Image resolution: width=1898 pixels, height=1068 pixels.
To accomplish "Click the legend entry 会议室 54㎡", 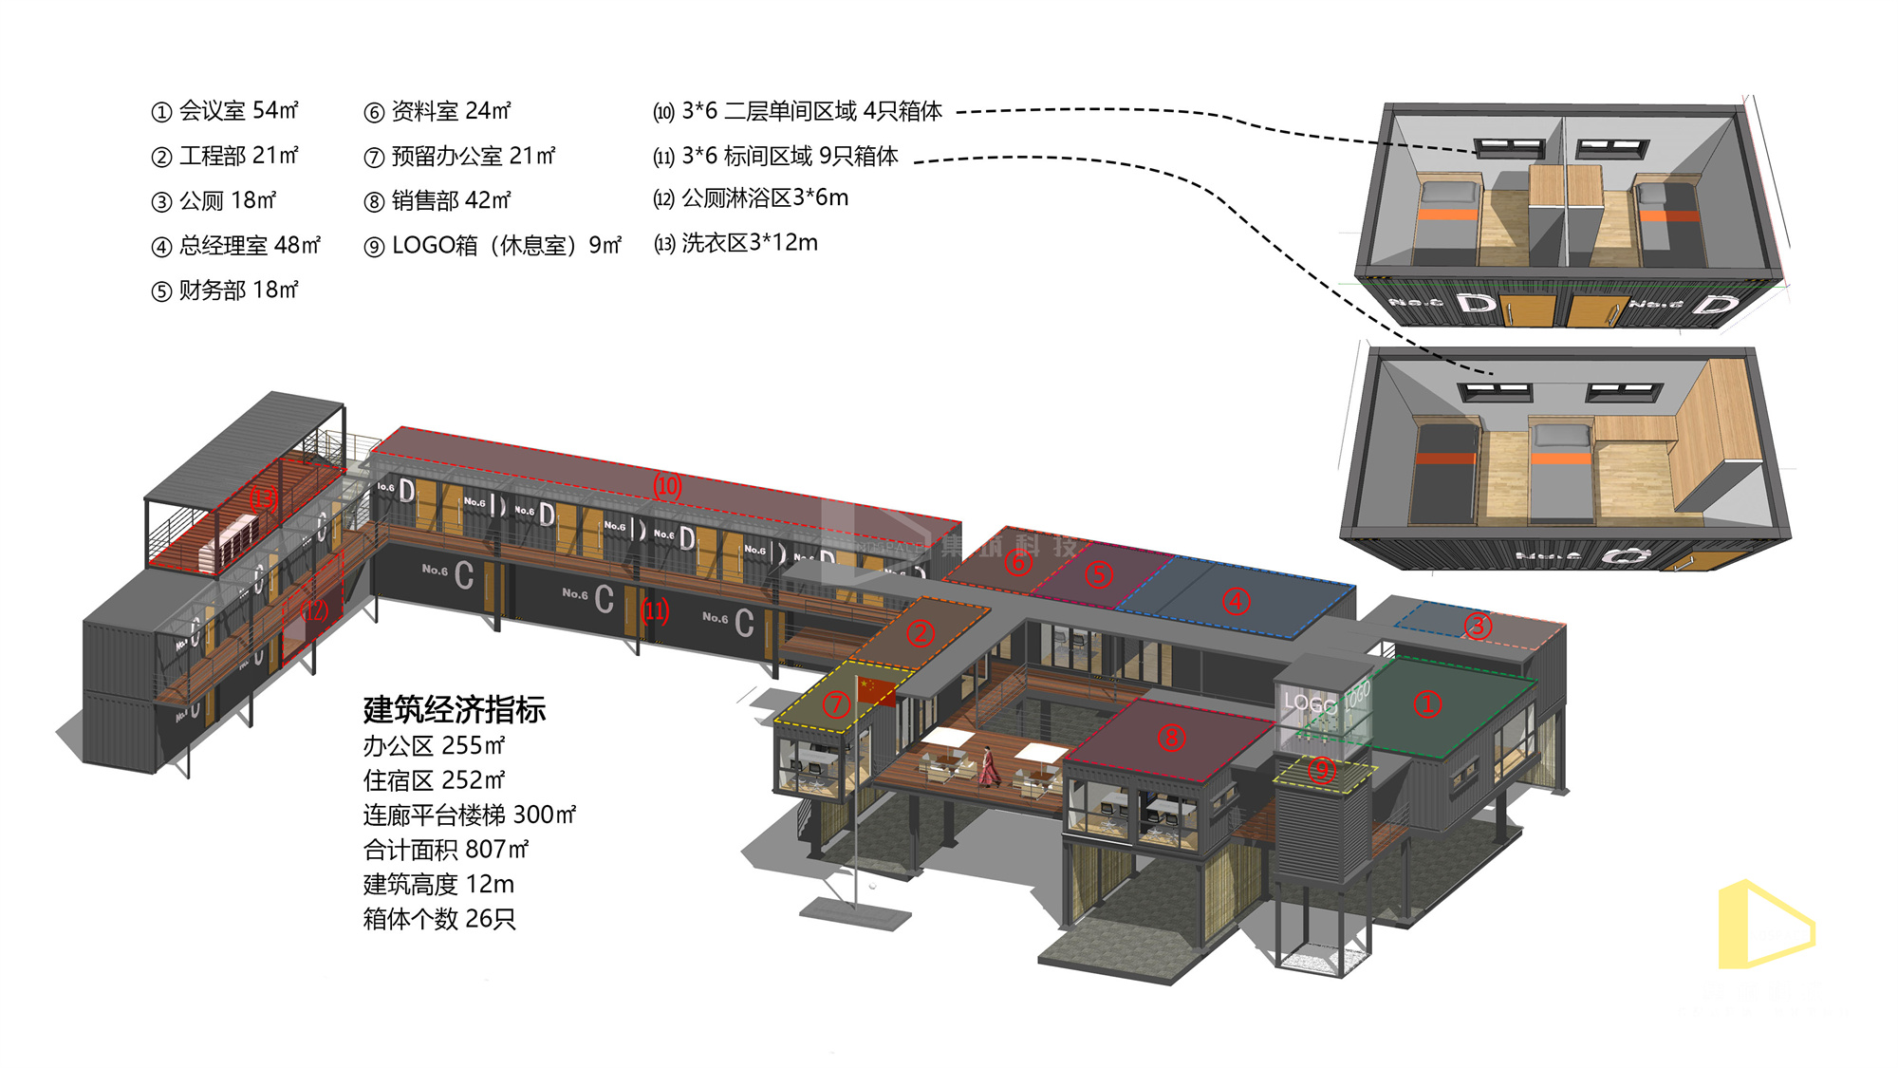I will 225,111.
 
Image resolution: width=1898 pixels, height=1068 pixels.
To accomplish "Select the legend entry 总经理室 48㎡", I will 236,246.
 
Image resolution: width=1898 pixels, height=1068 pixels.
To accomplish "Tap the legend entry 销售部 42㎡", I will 437,200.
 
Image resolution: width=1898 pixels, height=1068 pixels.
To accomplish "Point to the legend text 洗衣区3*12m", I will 735,243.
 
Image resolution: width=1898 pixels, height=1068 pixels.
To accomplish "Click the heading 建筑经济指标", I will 455,709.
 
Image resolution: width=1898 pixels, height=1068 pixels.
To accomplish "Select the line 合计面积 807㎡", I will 445,849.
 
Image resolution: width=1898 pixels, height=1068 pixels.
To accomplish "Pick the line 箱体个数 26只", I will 439,919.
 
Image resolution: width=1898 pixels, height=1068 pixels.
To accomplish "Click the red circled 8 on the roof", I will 1172,738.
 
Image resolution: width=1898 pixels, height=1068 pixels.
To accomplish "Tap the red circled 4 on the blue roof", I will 1236,601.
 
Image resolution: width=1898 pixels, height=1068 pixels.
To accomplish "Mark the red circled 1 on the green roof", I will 1427,703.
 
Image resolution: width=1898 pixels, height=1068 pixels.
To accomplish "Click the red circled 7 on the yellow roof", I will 836,704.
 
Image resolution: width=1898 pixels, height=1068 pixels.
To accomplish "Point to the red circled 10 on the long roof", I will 667,486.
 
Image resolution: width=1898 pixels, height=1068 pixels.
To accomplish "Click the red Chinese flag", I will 875,689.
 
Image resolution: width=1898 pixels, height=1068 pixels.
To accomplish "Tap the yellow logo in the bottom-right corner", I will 1765,925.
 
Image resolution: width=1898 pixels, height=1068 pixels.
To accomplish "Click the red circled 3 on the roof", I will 1478,626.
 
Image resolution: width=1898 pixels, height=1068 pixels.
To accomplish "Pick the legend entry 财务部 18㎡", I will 225,290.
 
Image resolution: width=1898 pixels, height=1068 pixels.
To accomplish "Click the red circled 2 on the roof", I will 921,633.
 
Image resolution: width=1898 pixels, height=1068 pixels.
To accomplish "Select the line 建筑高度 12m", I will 438,884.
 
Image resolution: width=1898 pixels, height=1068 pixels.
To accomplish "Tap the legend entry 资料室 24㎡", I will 437,111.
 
